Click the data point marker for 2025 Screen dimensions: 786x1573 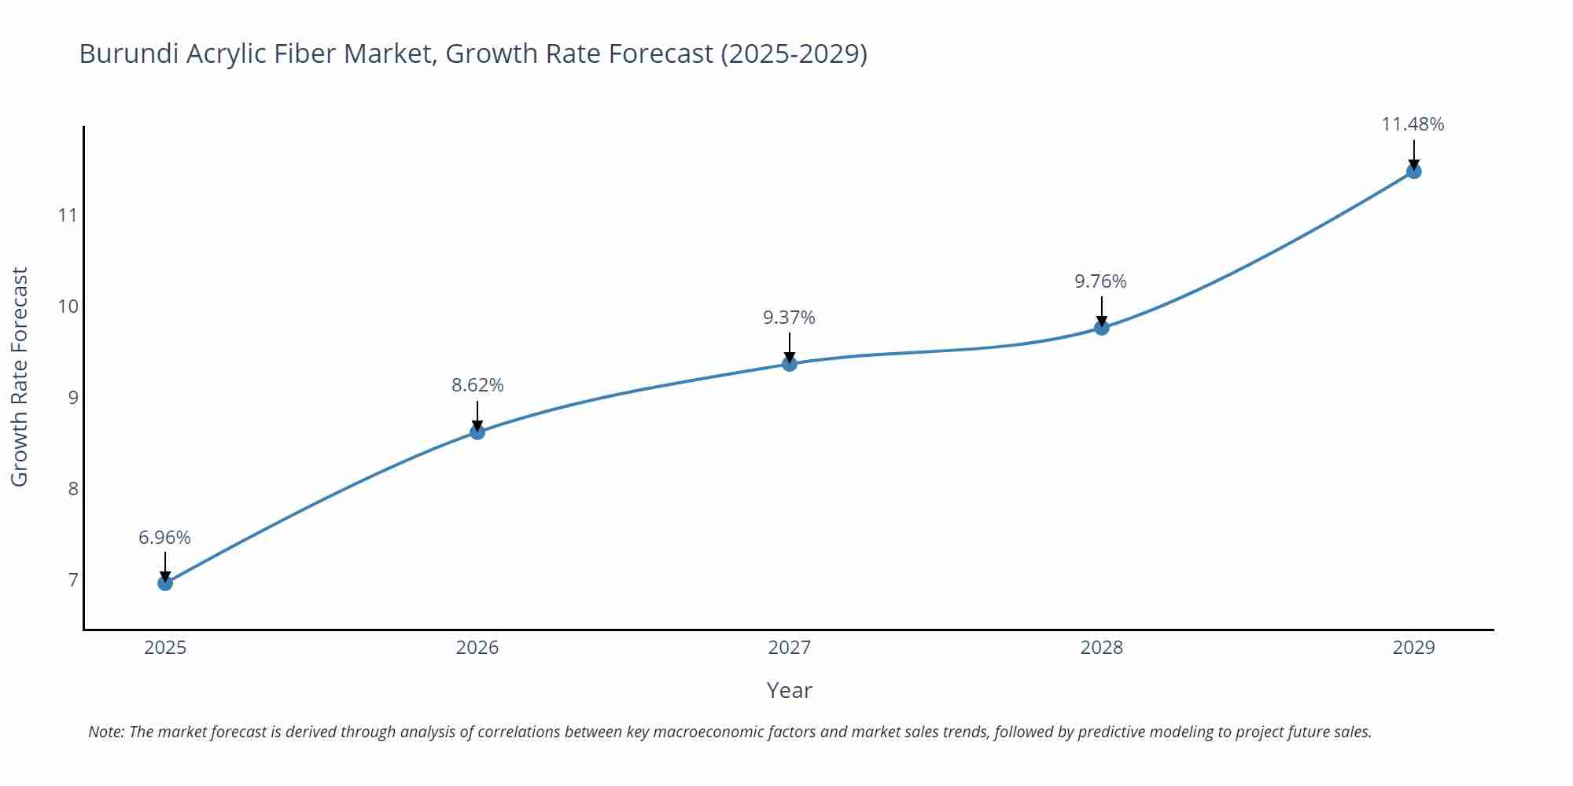(165, 583)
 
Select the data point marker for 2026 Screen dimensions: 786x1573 (477, 432)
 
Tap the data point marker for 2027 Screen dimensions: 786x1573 (790, 363)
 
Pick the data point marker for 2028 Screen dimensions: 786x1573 (1102, 328)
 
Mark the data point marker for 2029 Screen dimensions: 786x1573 (1413, 171)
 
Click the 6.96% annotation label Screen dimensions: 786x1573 (164, 538)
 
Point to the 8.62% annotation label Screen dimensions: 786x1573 (477, 385)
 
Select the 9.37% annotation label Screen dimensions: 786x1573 (789, 318)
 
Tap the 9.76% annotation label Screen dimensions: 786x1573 (1100, 281)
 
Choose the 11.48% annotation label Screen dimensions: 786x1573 (1413, 124)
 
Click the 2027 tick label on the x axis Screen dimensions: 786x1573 (790, 648)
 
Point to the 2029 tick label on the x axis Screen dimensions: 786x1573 (1413, 648)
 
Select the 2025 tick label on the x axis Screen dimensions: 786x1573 (165, 648)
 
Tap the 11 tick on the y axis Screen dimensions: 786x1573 (68, 215)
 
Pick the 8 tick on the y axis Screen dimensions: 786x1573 (73, 489)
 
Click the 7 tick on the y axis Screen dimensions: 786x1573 (73, 580)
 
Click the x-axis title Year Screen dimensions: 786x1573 (789, 690)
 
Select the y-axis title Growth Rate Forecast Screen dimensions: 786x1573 (20, 376)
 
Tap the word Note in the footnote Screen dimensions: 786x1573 (105, 732)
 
